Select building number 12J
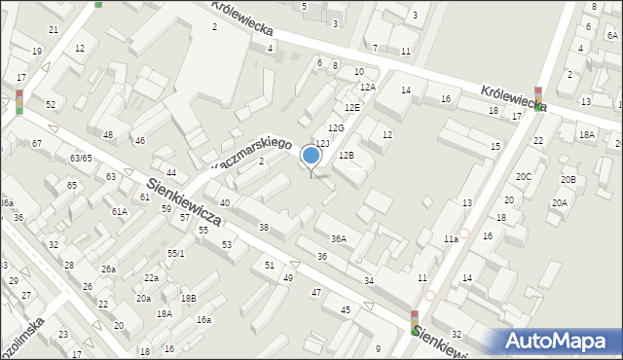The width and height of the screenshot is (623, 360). (322, 144)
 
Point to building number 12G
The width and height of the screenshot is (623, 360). (336, 128)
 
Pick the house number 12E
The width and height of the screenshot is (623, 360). (351, 107)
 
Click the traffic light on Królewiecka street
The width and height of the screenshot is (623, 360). (537, 98)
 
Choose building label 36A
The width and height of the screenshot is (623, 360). (339, 238)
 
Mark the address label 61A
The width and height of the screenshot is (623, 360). (120, 211)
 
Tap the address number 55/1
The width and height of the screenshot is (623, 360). (175, 253)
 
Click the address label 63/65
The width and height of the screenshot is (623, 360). (80, 158)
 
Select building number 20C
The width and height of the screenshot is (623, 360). (524, 176)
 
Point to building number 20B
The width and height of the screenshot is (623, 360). (568, 180)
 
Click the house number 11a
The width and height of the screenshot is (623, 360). (450, 239)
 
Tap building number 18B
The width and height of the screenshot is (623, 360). (187, 298)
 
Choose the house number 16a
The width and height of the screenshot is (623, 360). (203, 319)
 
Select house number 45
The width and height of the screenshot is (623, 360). (346, 309)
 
